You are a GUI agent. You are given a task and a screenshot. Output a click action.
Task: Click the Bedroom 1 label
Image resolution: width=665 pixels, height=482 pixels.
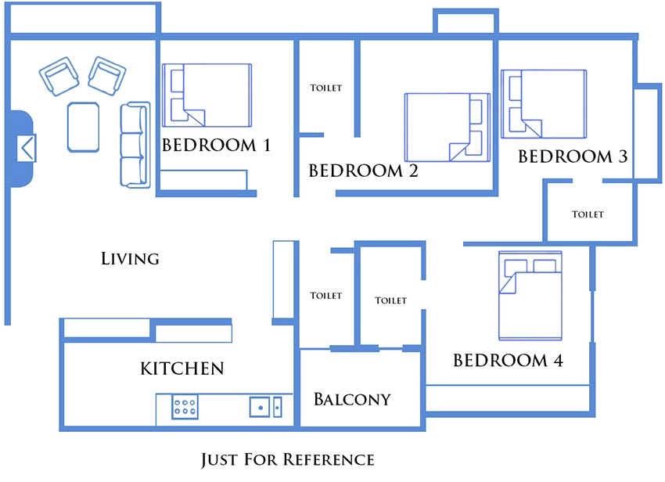(x=216, y=145)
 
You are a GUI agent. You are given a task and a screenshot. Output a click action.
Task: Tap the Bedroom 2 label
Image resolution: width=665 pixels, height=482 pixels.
(x=363, y=171)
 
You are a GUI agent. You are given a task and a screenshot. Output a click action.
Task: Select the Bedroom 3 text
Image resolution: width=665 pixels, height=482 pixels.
(x=573, y=156)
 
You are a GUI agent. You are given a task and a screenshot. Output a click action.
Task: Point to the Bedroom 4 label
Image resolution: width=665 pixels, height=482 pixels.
(x=508, y=360)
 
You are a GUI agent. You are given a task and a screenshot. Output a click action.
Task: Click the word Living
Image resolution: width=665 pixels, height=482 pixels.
(x=130, y=258)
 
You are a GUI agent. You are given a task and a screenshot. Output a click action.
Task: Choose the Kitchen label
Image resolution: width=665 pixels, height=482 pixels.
(x=182, y=369)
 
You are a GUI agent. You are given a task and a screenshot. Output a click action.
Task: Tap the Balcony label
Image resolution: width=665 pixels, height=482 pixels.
(x=352, y=399)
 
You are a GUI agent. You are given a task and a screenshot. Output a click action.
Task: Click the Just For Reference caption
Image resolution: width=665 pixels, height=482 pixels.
(x=288, y=459)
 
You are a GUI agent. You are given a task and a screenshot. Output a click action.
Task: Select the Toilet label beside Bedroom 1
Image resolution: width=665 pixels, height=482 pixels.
(x=325, y=88)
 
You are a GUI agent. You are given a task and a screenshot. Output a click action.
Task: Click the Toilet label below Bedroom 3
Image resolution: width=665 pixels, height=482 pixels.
(x=588, y=214)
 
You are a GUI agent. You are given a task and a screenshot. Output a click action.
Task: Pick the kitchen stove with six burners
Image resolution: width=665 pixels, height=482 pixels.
(x=185, y=406)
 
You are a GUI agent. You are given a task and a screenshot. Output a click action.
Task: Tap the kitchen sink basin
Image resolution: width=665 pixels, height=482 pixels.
(x=260, y=407)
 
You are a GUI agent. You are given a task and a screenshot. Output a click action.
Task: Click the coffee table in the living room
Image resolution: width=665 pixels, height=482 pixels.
(x=83, y=127)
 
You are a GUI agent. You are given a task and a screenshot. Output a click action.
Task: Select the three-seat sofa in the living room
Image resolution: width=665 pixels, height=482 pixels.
(x=135, y=145)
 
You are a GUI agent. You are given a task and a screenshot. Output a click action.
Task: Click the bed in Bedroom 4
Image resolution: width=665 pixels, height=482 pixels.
(x=530, y=296)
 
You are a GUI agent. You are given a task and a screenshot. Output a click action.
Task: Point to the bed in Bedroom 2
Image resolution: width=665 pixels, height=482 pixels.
(x=448, y=128)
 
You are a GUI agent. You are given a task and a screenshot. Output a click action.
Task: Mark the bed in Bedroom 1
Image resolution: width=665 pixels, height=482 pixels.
(x=207, y=95)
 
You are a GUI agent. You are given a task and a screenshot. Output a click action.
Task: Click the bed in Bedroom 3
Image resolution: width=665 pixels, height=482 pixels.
(x=544, y=104)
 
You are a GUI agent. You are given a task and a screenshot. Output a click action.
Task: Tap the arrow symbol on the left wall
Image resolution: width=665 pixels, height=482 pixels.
(x=27, y=148)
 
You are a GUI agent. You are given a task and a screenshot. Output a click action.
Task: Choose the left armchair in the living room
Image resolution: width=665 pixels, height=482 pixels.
(x=59, y=77)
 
